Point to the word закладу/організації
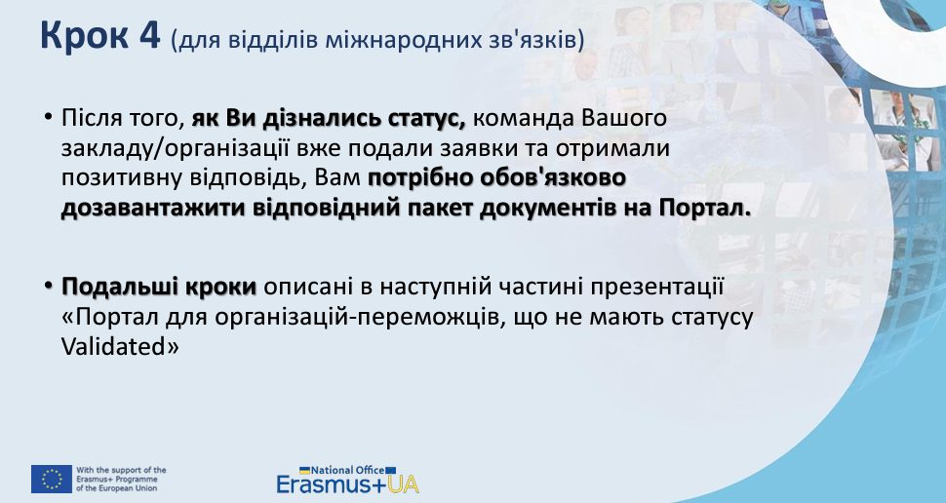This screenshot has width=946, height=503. pyautogui.click(x=176, y=149)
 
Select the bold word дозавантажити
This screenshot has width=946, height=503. pyautogui.click(x=153, y=208)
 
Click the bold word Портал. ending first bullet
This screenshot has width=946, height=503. pyautogui.click(x=705, y=208)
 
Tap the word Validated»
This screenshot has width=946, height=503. pyautogui.click(x=120, y=346)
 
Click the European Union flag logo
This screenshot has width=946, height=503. pyautogui.click(x=52, y=479)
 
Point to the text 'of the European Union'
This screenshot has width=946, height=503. pyautogui.click(x=116, y=488)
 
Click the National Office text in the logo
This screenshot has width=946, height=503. pyautogui.click(x=348, y=470)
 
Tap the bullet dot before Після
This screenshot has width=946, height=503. pyautogui.click(x=48, y=116)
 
